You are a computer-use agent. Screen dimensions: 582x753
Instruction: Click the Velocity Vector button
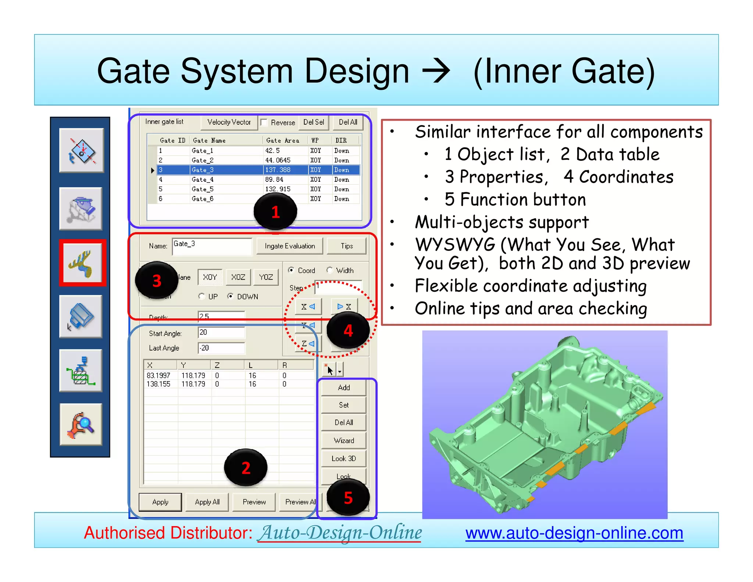click(229, 122)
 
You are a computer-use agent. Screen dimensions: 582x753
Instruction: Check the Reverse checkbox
click(264, 123)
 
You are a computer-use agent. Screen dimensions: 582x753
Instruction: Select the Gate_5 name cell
click(202, 189)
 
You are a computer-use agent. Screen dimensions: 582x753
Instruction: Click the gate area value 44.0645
click(278, 160)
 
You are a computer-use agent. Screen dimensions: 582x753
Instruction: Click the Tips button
click(346, 246)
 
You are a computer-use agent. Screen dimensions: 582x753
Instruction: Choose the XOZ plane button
click(238, 277)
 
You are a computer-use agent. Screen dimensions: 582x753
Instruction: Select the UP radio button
click(201, 296)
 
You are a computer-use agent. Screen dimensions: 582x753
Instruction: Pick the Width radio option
click(330, 270)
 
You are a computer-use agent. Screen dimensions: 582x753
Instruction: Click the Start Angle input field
click(221, 333)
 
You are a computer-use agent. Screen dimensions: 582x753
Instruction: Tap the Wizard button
click(343, 440)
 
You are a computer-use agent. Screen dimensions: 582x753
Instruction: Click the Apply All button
click(207, 502)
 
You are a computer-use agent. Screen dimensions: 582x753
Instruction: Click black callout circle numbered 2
click(246, 468)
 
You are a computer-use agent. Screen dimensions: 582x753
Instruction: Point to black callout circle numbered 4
click(348, 330)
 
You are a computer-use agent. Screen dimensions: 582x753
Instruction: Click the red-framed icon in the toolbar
click(82, 263)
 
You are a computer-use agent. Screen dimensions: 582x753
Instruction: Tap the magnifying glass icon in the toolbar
click(81, 425)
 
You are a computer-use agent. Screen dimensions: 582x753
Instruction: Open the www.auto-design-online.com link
click(574, 533)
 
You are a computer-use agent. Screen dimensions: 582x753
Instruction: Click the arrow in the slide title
click(436, 71)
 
